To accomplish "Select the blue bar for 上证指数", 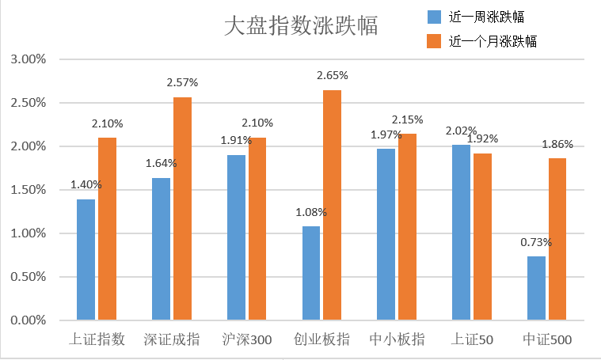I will coord(86,260).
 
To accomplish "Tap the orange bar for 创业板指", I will coord(332,205).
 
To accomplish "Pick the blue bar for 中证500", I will coord(536,288).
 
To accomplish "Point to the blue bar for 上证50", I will coord(460,232).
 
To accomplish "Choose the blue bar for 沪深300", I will coord(236,237).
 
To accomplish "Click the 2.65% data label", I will coord(332,75).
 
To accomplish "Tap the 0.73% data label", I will coord(536,242).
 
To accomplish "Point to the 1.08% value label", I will coord(310,212).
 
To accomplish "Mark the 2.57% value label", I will coord(182,82).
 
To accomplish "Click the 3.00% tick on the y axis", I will coord(29,59).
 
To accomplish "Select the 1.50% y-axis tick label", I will coord(29,190).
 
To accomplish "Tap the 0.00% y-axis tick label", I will coord(29,320).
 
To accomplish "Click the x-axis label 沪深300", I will coord(246,340).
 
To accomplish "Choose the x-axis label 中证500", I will coord(547,340).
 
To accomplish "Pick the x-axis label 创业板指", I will coord(321,340).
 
